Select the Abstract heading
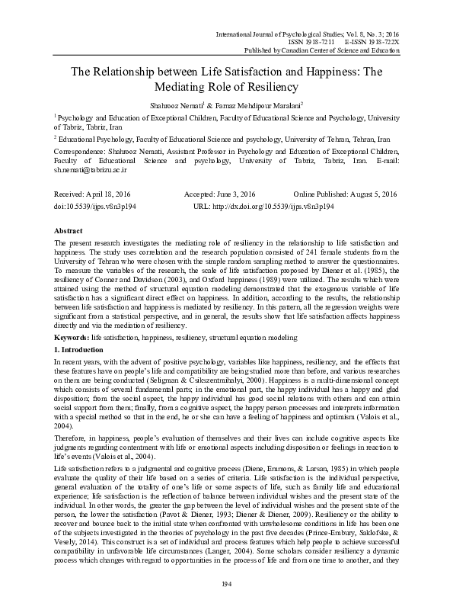(70, 229)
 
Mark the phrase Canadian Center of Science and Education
(340, 50)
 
